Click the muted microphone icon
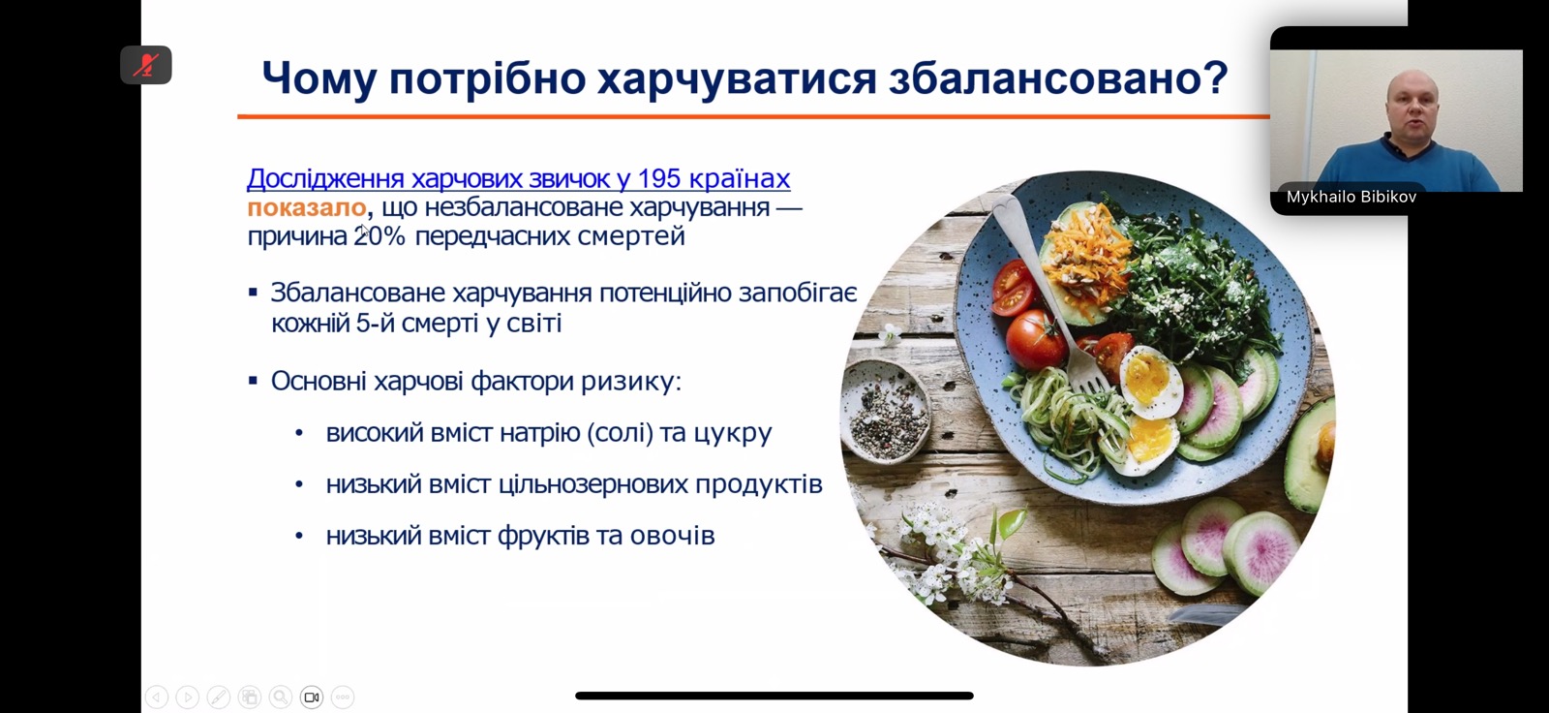click(146, 65)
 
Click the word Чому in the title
click(319, 77)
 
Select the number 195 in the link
click(659, 178)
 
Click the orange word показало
click(306, 207)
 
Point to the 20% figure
click(379, 236)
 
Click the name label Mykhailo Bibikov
click(1352, 198)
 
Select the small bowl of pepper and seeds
click(886, 410)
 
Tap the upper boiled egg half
click(1151, 382)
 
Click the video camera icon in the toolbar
click(312, 697)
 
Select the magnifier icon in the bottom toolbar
click(281, 697)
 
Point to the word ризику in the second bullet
click(630, 382)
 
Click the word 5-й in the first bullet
click(374, 324)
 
